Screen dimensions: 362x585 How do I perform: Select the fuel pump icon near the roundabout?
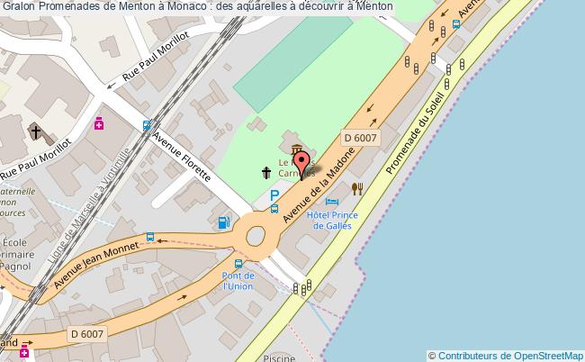click(223, 222)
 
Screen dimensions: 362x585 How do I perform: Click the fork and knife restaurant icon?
click(357, 188)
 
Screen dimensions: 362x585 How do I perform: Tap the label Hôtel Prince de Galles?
click(332, 220)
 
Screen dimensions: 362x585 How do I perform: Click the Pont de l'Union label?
click(238, 280)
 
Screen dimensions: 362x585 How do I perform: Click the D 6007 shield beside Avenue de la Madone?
click(360, 137)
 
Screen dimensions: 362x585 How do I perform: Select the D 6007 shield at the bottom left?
click(86, 334)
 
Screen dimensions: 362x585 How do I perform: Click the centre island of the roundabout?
click(256, 236)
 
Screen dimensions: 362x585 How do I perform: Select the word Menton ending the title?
click(372, 7)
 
